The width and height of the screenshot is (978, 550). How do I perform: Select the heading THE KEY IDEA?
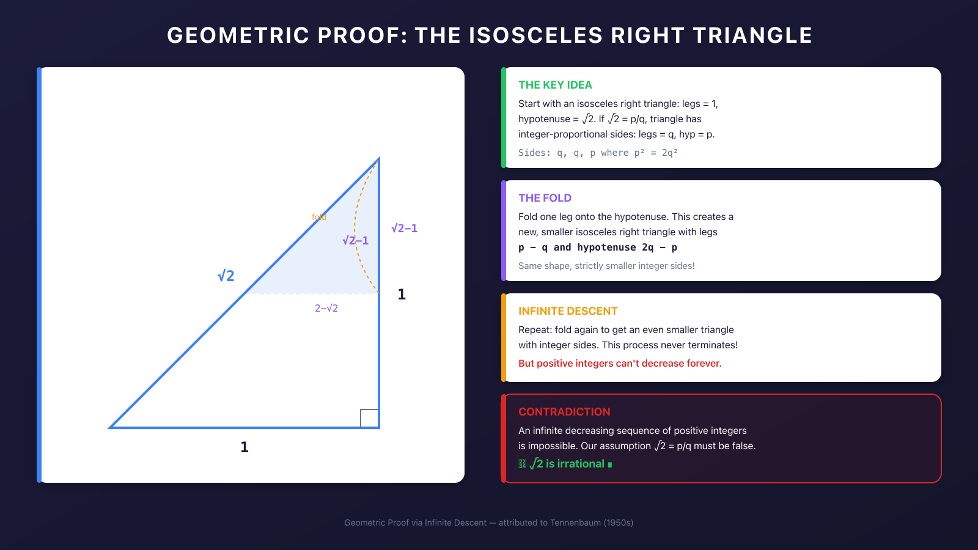(555, 85)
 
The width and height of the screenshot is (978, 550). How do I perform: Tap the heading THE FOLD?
(545, 198)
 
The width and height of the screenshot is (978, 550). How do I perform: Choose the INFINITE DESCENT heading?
(568, 311)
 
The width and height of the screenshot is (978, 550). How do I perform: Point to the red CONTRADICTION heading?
(564, 412)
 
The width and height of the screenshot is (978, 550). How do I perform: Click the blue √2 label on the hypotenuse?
(226, 276)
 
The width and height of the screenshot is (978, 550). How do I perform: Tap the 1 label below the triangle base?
(244, 447)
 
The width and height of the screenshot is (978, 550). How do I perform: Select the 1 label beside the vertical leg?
(402, 295)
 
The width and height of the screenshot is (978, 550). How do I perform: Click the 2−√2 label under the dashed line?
(326, 309)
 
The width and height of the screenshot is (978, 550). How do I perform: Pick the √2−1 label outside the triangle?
(404, 229)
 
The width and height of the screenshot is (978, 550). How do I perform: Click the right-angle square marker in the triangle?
(369, 418)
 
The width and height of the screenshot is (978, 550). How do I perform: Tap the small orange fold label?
(319, 217)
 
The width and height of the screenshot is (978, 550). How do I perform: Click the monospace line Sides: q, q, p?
(597, 153)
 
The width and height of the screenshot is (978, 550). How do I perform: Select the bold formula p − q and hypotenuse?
(597, 248)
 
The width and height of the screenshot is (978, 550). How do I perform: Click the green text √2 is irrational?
(567, 464)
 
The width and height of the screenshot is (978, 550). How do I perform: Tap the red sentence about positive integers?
(620, 364)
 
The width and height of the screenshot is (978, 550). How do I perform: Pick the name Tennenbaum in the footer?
(575, 522)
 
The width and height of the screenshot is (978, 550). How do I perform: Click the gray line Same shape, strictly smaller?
(606, 266)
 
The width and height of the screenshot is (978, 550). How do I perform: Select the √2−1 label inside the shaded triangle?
(355, 241)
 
